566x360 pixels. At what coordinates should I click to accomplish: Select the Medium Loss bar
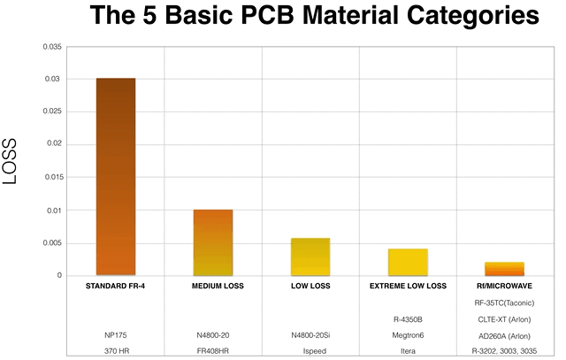(213, 242)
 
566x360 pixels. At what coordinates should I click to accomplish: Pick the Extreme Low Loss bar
(408, 262)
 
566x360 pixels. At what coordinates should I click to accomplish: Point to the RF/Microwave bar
(505, 269)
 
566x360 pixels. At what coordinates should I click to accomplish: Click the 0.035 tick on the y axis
(52, 45)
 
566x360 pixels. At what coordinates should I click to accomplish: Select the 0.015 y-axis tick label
(52, 177)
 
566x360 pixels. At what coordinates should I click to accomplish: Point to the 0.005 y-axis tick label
(52, 242)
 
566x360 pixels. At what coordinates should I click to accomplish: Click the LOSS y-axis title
(12, 161)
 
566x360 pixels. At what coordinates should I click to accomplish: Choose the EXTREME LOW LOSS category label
(408, 287)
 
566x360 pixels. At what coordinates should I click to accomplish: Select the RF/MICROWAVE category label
(505, 287)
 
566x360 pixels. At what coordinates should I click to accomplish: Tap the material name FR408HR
(213, 351)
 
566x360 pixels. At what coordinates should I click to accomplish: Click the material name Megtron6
(408, 335)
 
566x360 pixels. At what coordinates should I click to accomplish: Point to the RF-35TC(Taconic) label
(505, 303)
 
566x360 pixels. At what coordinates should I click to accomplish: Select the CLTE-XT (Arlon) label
(505, 319)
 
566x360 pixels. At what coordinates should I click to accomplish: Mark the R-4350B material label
(408, 319)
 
